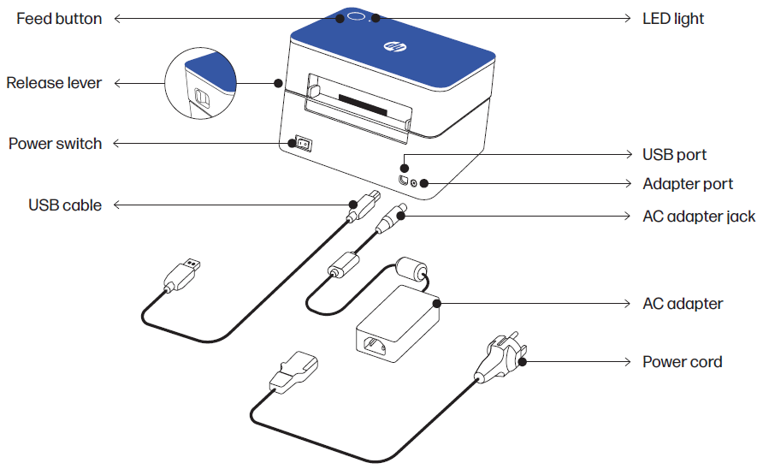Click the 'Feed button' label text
[x=59, y=19]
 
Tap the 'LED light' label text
[x=673, y=19]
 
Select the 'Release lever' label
[x=54, y=83]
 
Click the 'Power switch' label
[x=55, y=144]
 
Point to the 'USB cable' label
[x=65, y=205]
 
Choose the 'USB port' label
[x=674, y=155]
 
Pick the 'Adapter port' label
[x=688, y=184]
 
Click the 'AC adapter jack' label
[x=699, y=217]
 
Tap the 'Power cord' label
[x=682, y=362]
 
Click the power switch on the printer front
[x=301, y=144]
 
